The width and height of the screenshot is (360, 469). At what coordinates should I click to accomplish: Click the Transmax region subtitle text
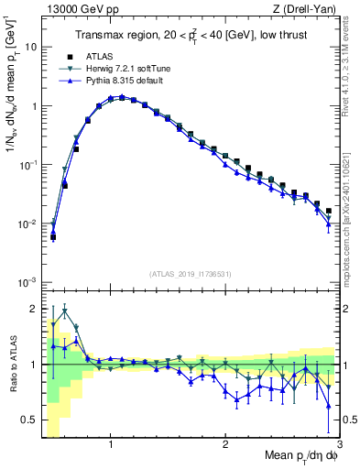click(x=191, y=36)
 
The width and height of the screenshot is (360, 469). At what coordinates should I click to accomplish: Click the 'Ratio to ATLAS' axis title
click(x=13, y=364)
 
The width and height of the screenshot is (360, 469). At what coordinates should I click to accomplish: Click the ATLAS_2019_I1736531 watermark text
click(x=191, y=273)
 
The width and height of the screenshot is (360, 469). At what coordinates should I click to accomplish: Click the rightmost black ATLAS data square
click(x=329, y=211)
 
